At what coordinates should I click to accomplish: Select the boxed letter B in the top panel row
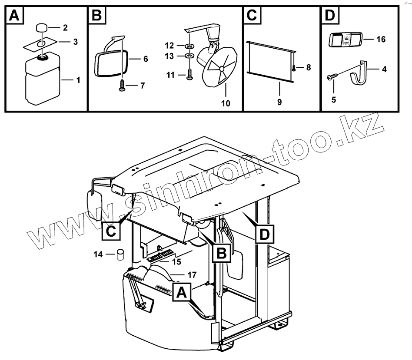(96, 16)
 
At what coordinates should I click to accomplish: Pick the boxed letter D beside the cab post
(264, 235)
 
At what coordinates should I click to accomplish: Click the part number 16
(381, 40)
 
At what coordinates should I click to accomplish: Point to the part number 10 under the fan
(225, 103)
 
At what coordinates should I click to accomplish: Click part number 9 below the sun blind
(279, 102)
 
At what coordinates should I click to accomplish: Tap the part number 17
(192, 275)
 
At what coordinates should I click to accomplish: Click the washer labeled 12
(190, 46)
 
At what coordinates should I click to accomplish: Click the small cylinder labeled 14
(120, 254)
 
